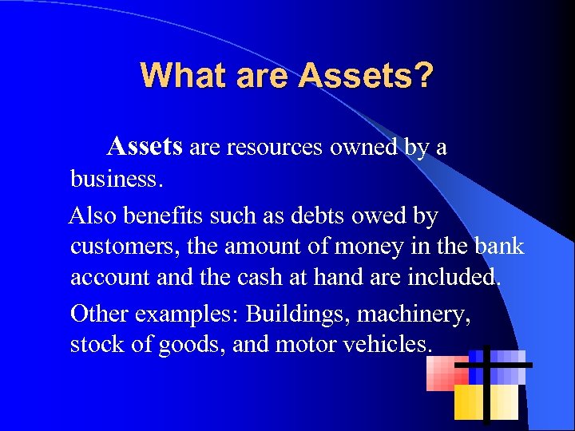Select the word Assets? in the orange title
(367, 76)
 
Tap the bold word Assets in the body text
(145, 146)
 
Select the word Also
(94, 215)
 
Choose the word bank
(498, 247)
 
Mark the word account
(113, 278)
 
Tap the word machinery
(414, 313)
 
